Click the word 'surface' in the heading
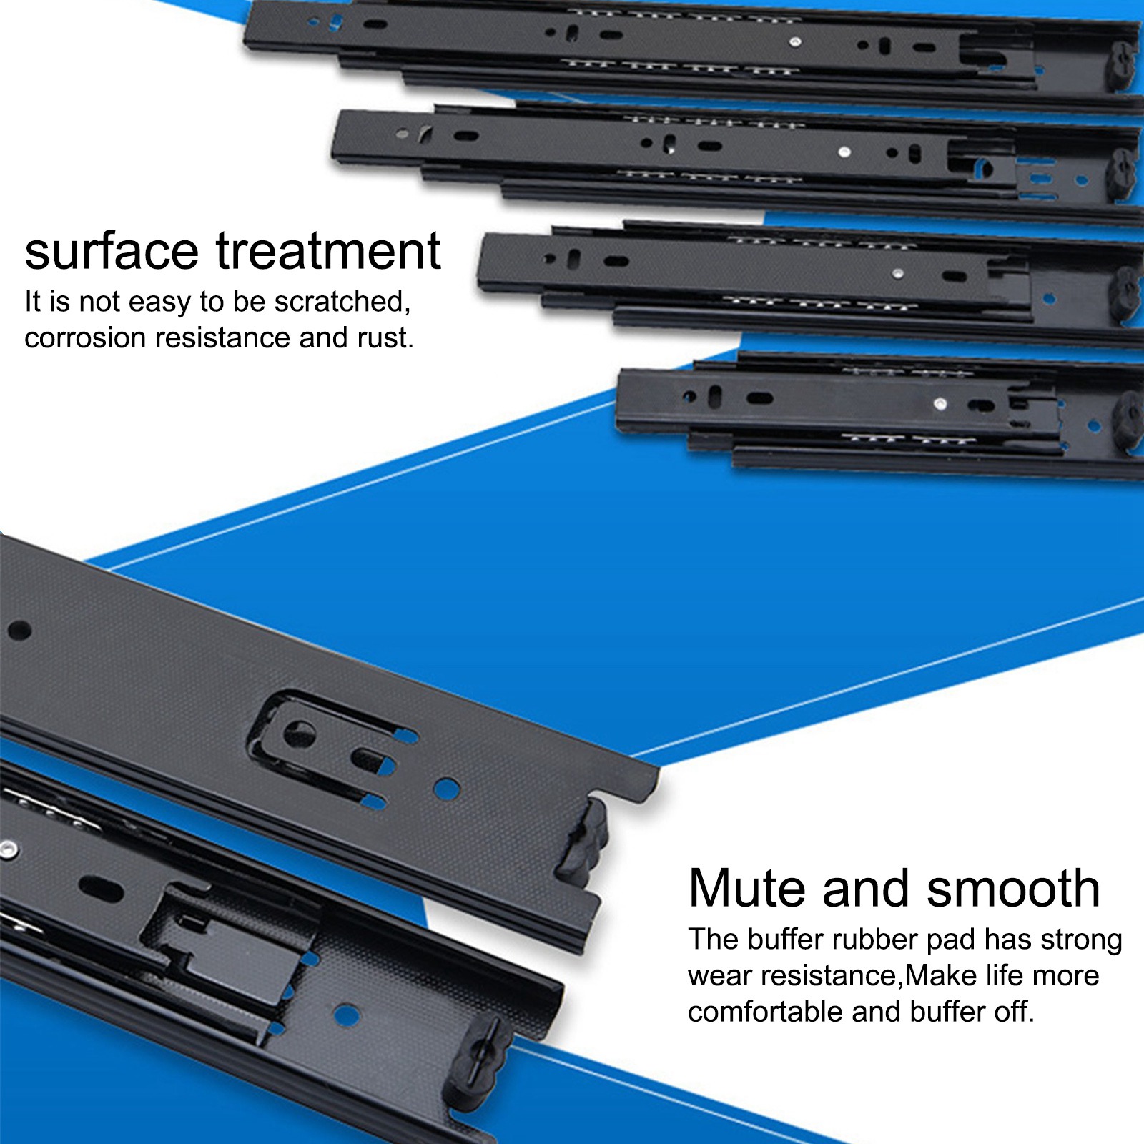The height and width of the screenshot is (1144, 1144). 112,251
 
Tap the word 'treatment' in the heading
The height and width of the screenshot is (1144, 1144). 328,251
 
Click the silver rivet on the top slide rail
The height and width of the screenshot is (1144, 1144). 794,42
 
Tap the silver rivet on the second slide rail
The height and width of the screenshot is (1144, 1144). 844,152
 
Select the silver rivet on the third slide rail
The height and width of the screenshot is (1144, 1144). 897,273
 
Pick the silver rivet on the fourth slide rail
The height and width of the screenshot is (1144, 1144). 940,405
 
